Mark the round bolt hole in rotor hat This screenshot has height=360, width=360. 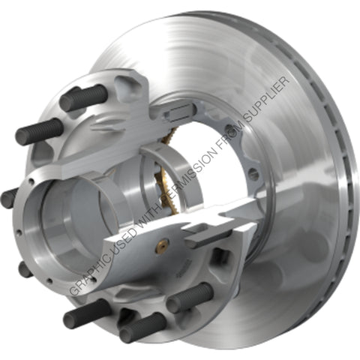tap(253, 173)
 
